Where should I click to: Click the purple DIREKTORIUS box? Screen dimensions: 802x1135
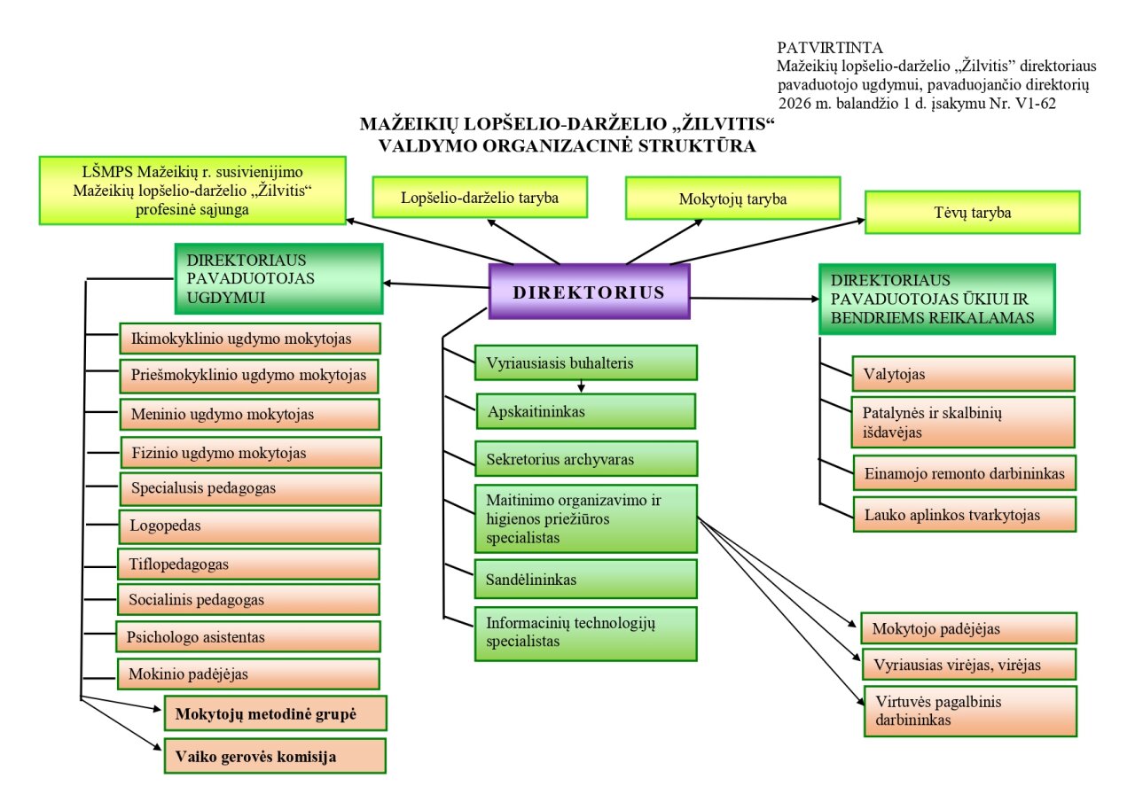coord(589,292)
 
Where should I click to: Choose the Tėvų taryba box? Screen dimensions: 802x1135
coord(972,213)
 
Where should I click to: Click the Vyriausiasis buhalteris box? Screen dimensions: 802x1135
coord(585,362)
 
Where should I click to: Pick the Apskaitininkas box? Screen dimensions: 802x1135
coord(585,411)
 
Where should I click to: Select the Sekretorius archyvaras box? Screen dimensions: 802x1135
coord(585,460)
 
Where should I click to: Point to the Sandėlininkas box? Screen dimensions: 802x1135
coord(585,580)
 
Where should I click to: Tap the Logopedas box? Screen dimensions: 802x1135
coord(249,526)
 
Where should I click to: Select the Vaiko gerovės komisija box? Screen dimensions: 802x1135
coord(275,757)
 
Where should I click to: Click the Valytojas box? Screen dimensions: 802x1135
coord(963,374)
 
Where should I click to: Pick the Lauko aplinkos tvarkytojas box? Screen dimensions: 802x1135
coord(964,514)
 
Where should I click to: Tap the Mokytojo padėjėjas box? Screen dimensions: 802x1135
coord(968,628)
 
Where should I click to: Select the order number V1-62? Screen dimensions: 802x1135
coord(1034,104)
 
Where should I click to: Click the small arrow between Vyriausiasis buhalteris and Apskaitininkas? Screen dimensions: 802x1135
coord(581,386)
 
